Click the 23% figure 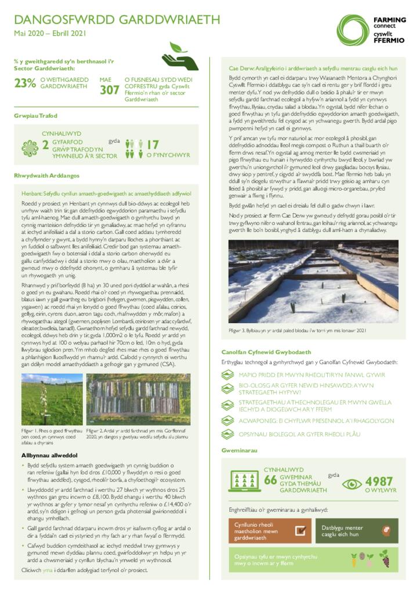(25, 83)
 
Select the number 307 (109, 90)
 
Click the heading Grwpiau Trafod (36, 116)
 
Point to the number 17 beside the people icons (153, 144)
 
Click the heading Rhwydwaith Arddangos (46, 175)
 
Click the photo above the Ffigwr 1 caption (52, 399)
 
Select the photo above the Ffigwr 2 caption (138, 399)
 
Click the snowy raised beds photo (313, 281)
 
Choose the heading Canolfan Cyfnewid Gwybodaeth (266, 352)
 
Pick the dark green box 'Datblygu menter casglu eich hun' (357, 531)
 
